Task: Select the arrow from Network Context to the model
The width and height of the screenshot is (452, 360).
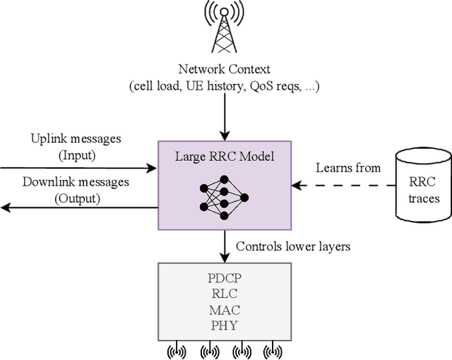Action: pos(225,116)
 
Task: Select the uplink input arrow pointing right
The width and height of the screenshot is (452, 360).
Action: pos(78,168)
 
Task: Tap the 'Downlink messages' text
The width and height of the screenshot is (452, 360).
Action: pos(76,182)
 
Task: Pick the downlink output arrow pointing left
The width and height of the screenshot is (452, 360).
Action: pos(78,208)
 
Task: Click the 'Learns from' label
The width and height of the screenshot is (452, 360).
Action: pos(348,168)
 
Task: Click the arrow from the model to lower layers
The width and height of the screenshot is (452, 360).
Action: pos(225,246)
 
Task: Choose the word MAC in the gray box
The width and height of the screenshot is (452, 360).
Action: pos(225,311)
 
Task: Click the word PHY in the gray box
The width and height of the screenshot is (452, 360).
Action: pos(225,325)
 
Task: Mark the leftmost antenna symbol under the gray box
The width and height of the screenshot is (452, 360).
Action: pos(175,351)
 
